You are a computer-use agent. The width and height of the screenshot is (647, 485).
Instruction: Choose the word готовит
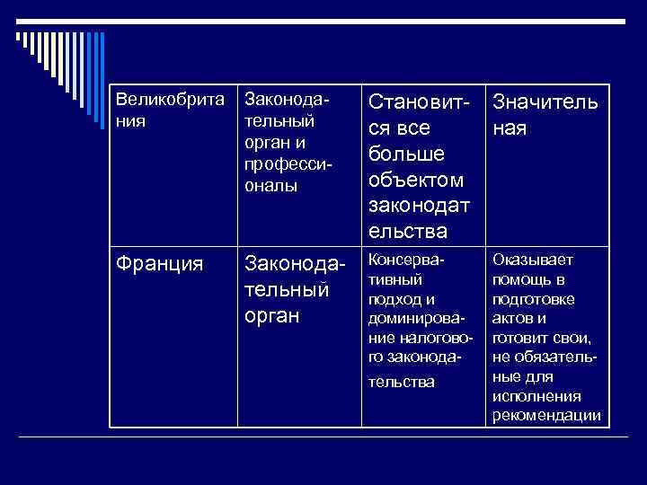pos(518,339)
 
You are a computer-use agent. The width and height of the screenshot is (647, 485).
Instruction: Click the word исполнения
pos(536,396)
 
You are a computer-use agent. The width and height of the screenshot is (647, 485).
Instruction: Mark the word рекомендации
pos(546,415)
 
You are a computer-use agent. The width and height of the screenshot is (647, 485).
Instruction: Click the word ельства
pos(408,231)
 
